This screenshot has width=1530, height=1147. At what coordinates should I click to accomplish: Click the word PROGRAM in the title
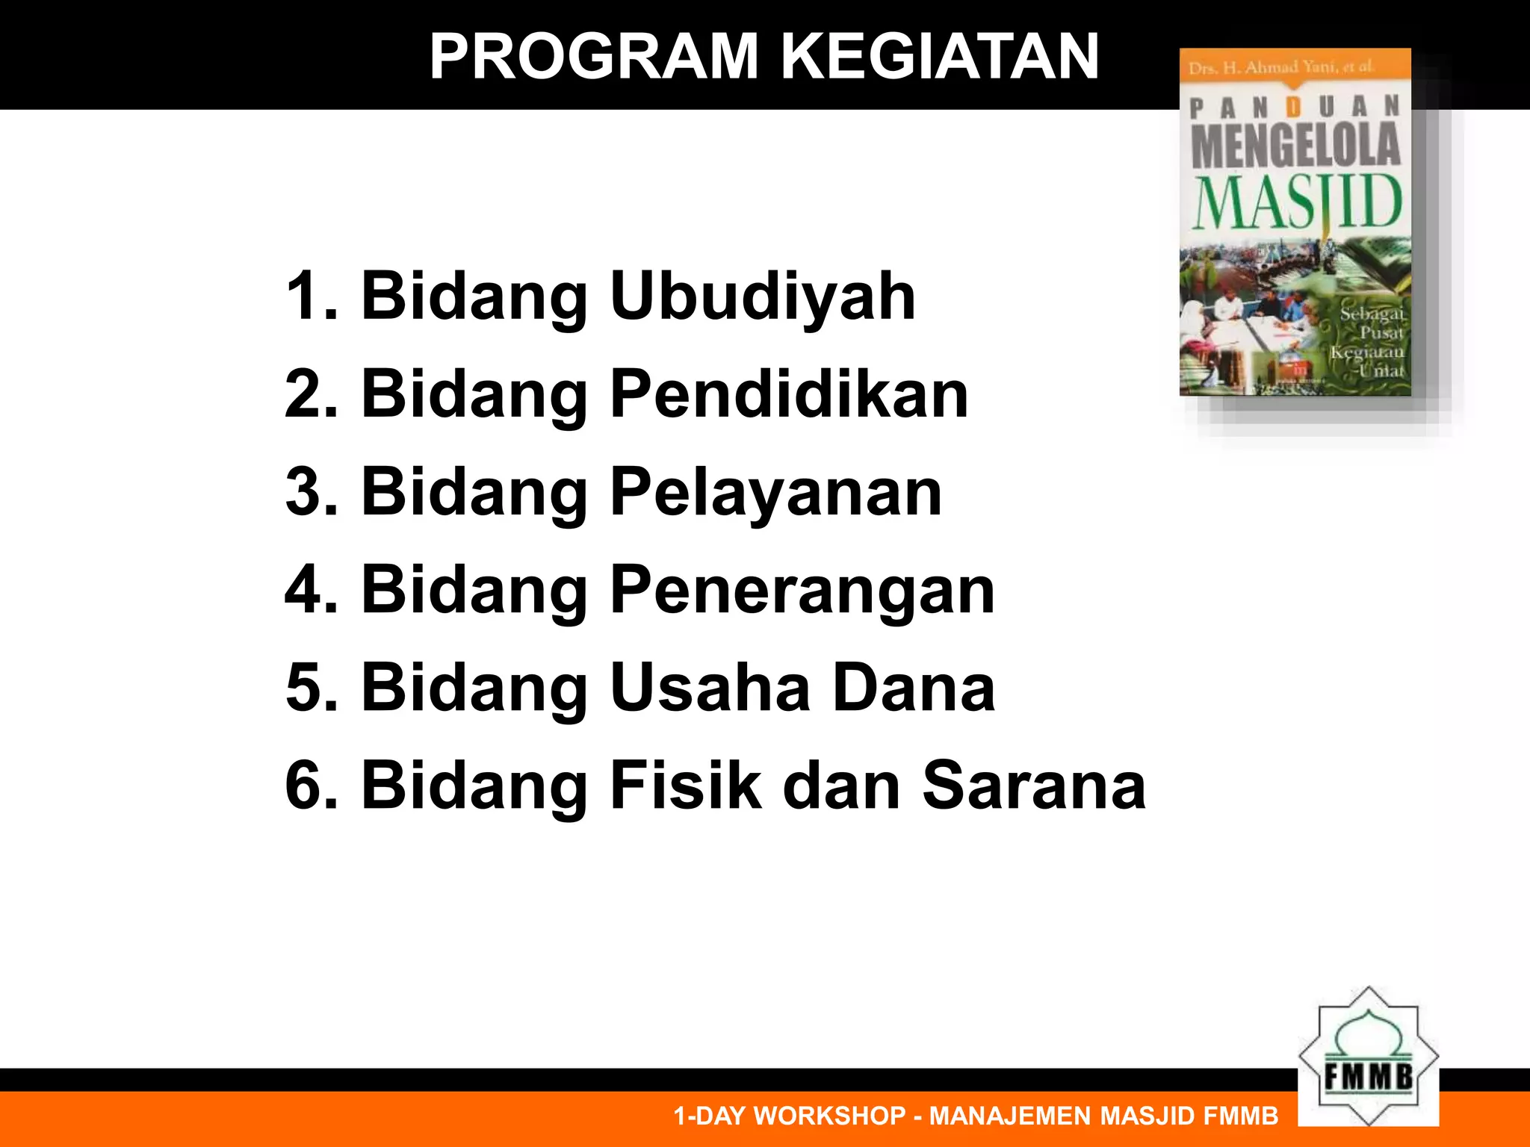pos(594,57)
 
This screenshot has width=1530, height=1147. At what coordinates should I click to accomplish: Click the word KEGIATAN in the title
pos(940,57)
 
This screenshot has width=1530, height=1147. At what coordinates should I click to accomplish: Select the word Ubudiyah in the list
pos(763,297)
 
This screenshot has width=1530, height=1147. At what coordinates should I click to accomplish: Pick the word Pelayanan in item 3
pos(775,493)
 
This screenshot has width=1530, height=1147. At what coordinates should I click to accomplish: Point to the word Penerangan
pos(802,591)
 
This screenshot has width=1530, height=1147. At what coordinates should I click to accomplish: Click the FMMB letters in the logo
pos(1369,1077)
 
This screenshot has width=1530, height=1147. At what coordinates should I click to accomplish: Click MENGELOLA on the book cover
pos(1295,145)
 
